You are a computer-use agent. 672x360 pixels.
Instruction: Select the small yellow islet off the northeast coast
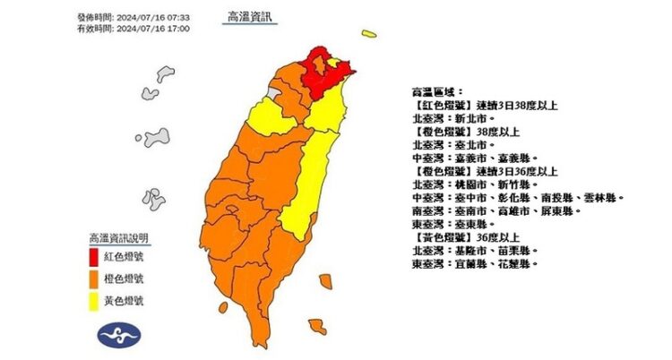369,34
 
